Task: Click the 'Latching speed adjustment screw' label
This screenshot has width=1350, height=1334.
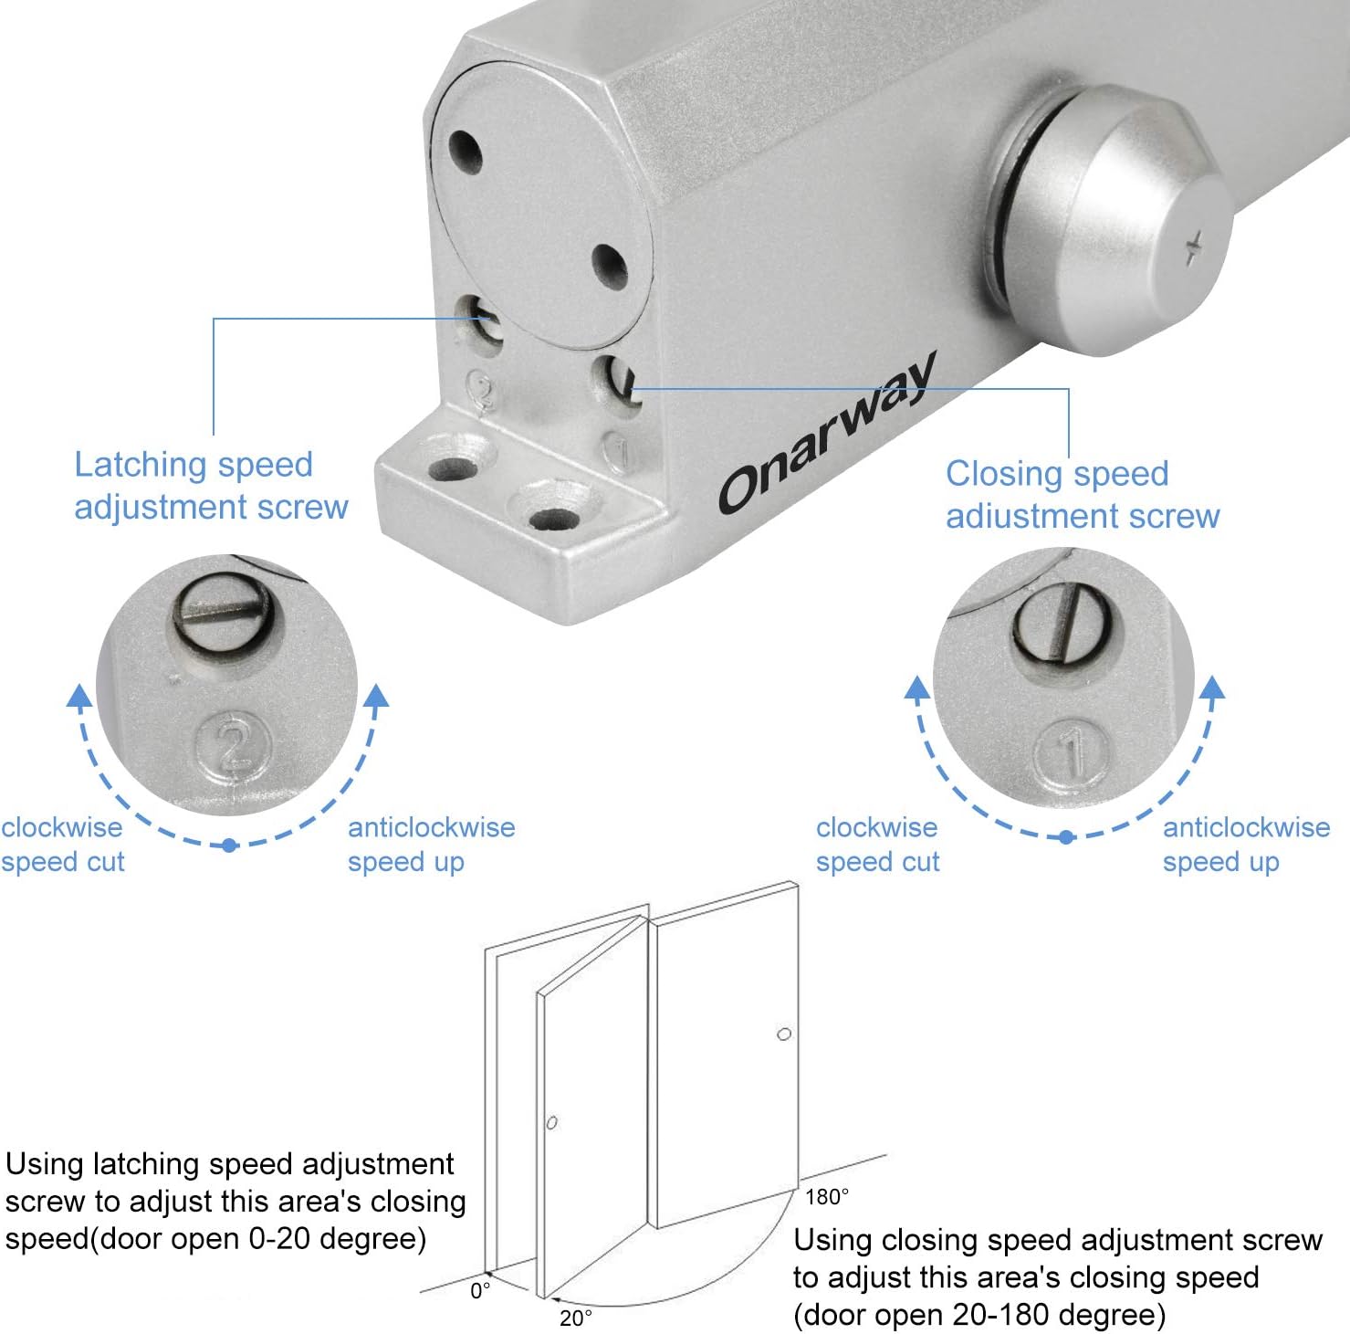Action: tap(211, 486)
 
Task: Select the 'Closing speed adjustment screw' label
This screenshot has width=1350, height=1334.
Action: tap(1083, 495)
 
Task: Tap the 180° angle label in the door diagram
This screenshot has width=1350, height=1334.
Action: tap(827, 1196)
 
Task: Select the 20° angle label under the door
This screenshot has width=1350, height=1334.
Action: tap(576, 1318)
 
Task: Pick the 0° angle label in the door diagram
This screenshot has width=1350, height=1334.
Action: tap(480, 1291)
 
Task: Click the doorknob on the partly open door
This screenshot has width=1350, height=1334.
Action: tap(551, 1122)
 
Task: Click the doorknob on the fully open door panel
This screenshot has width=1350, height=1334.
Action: tap(784, 1035)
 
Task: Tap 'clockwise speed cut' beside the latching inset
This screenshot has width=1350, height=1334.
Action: tap(62, 845)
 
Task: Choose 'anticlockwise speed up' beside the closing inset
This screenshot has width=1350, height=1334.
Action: tap(1246, 845)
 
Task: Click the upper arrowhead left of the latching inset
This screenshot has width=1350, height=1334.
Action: tap(80, 696)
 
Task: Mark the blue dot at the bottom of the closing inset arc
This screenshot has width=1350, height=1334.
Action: tap(1066, 836)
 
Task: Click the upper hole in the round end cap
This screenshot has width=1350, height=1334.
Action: tap(466, 152)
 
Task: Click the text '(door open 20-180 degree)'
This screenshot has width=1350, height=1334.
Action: tap(979, 1315)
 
